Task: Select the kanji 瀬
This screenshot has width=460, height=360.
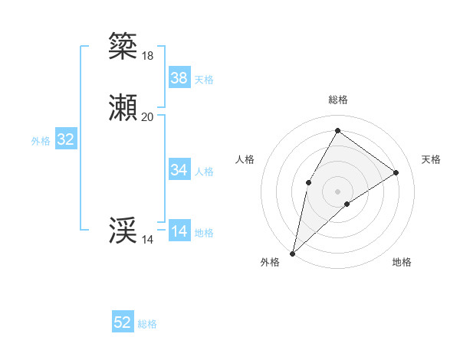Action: point(123,109)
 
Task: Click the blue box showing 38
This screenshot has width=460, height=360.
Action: point(179,77)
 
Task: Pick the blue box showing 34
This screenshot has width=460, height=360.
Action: point(179,170)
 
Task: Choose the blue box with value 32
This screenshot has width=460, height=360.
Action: point(66,139)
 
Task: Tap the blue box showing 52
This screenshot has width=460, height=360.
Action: point(123,322)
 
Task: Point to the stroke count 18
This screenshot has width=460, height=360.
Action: point(147,56)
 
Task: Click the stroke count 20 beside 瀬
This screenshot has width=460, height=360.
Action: point(147,117)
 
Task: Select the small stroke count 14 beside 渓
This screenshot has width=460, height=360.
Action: point(147,241)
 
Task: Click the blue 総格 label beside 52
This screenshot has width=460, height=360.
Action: point(147,324)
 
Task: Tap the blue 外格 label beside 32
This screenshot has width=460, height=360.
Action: point(41,141)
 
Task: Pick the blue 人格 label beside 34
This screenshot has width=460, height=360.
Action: point(205,172)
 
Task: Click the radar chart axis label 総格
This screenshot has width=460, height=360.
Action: point(337,100)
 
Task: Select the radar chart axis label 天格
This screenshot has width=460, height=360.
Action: point(431,159)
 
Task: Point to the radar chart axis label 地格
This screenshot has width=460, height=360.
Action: point(402,262)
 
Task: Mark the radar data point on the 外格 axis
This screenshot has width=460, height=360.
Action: point(292,253)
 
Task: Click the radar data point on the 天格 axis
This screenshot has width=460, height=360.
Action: point(396,172)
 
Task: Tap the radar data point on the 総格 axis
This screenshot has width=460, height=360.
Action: point(337,130)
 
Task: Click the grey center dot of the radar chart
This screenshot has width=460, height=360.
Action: point(337,191)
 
